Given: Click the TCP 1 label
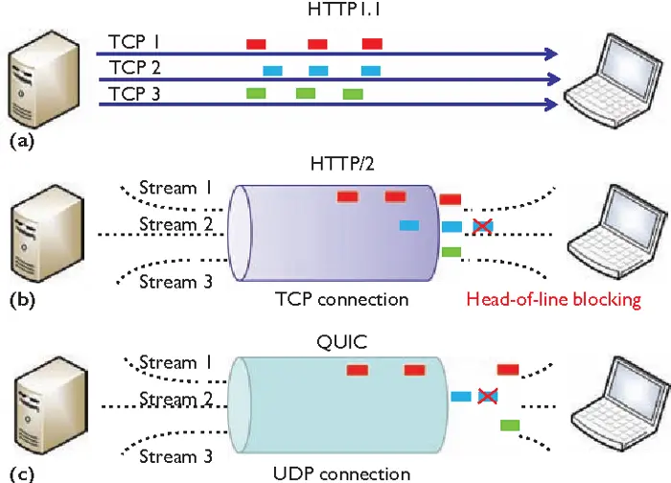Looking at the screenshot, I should click(x=133, y=43).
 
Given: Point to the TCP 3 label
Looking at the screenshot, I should click(x=133, y=93).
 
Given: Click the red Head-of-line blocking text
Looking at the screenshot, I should click(x=553, y=299).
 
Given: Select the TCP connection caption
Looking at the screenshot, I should click(x=339, y=299).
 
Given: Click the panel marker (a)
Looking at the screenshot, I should click(x=20, y=139).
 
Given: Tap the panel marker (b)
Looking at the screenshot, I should click(x=21, y=299).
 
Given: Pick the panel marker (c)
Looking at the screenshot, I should click(x=20, y=471).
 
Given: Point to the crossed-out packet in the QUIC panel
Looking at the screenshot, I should click(x=487, y=395).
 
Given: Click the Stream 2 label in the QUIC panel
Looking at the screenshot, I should click(x=175, y=399).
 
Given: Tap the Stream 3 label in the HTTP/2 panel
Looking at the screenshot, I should click(x=175, y=282).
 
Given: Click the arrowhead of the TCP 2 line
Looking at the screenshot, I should click(x=553, y=79).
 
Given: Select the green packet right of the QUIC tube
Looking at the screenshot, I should click(x=510, y=425).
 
